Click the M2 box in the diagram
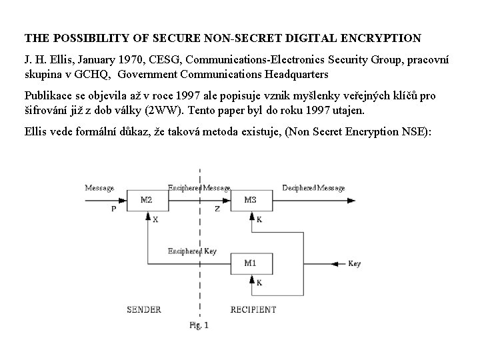click(147, 199)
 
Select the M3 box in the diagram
click(250, 199)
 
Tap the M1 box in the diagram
click(250, 263)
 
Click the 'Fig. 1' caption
click(198, 326)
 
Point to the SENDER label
click(145, 309)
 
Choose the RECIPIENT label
click(253, 309)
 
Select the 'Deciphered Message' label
click(313, 188)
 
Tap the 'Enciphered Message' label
click(199, 188)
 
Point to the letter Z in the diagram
click(217, 207)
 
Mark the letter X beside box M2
click(155, 219)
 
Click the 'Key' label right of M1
click(354, 264)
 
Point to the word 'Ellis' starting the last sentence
click(37, 132)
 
